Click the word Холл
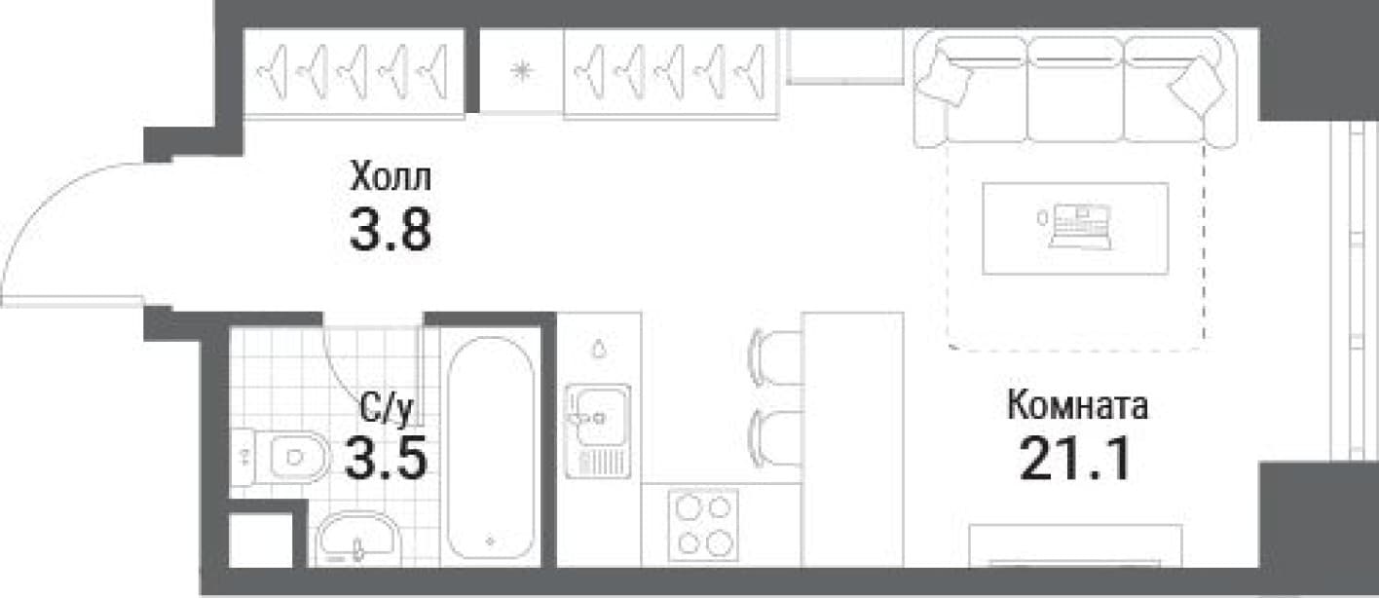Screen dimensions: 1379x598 tap(391, 176)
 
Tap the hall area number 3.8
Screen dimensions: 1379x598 tap(391, 229)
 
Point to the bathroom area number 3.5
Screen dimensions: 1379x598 tap(386, 457)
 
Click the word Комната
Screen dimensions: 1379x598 tap(1077, 406)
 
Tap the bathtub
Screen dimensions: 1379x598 tap(491, 448)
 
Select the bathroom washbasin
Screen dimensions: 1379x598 tap(357, 540)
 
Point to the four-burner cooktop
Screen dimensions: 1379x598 tap(703, 525)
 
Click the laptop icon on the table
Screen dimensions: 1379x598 tap(1080, 227)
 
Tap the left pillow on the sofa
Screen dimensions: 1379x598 tap(945, 77)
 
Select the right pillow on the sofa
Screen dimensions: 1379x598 tap(1198, 87)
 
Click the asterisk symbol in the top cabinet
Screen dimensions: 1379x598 tap(521, 71)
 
